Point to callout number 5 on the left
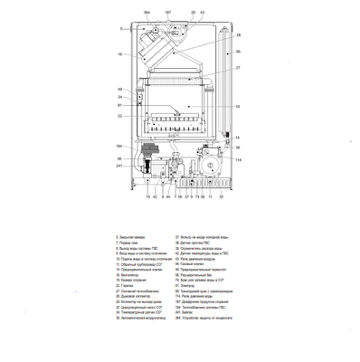pyautogui.click(x=119, y=29)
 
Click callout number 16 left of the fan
pyautogui.click(x=119, y=54)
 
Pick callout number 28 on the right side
pyautogui.click(x=238, y=35)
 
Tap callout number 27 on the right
pyautogui.click(x=238, y=68)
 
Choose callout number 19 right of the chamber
pyautogui.click(x=238, y=107)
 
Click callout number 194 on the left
pyautogui.click(x=118, y=146)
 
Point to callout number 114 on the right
pyautogui.click(x=239, y=160)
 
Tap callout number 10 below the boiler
pyautogui.click(x=147, y=195)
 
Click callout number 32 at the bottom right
pyautogui.click(x=221, y=195)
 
